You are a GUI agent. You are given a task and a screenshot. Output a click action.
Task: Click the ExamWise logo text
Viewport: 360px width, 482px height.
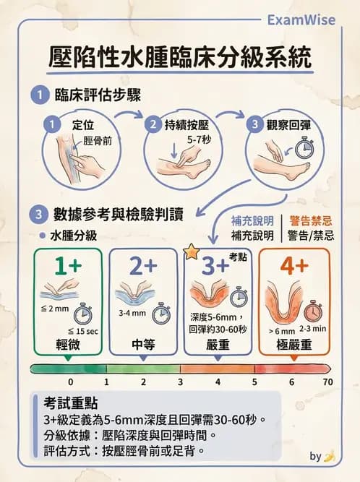point(301,20)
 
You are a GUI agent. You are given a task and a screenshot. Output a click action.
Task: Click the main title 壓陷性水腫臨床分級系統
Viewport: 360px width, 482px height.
point(181,56)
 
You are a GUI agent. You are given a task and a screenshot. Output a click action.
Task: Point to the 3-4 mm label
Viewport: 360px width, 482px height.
point(132,314)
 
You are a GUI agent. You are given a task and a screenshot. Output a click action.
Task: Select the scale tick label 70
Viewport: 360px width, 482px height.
point(327,382)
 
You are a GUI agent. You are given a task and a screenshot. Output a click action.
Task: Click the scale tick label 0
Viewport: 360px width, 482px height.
point(70,382)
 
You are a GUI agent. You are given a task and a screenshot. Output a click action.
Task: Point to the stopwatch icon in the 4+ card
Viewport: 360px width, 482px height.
point(313,311)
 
